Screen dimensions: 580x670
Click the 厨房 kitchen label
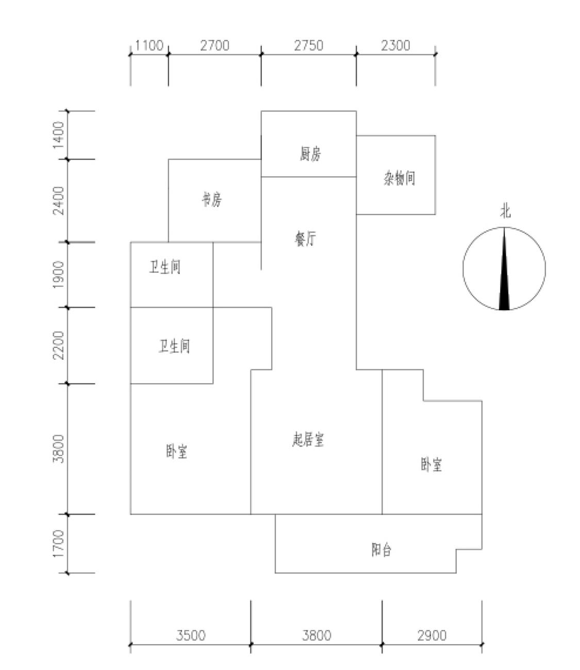coord(310,154)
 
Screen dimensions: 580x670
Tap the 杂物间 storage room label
coord(399,178)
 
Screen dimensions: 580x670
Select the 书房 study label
coord(212,199)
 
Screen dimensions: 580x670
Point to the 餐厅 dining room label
coord(305,239)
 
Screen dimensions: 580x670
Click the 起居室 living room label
coord(308,440)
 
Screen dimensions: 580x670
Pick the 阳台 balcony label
coord(381,550)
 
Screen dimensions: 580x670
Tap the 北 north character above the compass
coord(505,211)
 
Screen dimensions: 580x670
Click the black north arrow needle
coord(504,269)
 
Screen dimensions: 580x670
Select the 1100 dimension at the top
coord(149,45)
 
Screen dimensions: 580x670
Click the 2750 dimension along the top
coord(309,45)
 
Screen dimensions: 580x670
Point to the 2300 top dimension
coord(395,45)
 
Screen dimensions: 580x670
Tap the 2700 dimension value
coord(214,45)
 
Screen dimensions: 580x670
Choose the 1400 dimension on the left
coord(59,135)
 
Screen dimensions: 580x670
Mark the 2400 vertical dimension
coord(59,201)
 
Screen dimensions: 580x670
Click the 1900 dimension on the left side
coord(59,275)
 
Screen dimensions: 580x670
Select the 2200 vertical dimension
coord(59,345)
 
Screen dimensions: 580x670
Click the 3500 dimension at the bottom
coord(191,635)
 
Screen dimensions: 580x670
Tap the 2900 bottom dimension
coord(432,635)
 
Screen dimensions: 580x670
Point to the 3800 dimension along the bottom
coord(317,635)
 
